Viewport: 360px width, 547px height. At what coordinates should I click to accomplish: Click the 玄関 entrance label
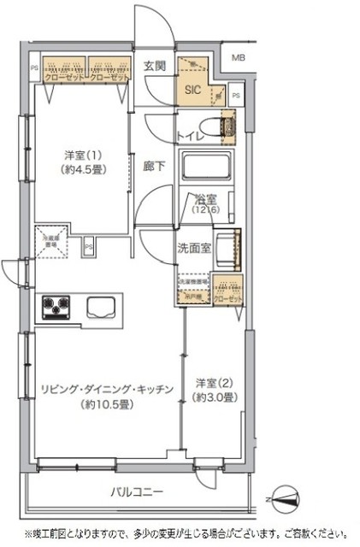click(x=155, y=66)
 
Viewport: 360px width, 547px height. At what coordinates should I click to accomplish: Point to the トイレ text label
click(x=189, y=135)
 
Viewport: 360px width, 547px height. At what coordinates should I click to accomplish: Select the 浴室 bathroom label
click(x=204, y=199)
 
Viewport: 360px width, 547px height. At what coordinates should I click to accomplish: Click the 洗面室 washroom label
click(x=193, y=249)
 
